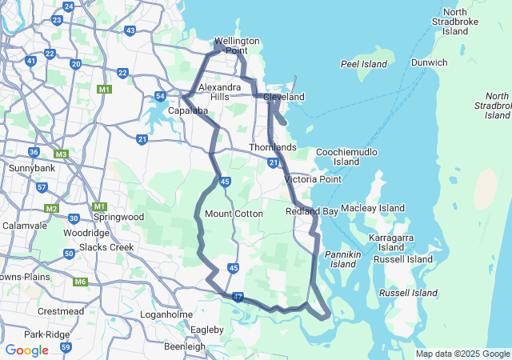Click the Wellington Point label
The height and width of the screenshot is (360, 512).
click(x=237, y=46)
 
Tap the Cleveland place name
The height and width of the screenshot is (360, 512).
click(x=285, y=97)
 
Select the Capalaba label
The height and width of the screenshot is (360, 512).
click(x=188, y=110)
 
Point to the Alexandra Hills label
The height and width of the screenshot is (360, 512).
click(x=220, y=91)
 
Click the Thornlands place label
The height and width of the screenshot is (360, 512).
click(x=273, y=148)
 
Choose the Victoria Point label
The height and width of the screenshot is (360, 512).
click(x=313, y=179)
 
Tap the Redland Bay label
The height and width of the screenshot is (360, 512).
click(x=312, y=211)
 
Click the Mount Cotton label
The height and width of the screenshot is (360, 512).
click(x=234, y=214)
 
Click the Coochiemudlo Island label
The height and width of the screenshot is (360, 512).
click(x=346, y=156)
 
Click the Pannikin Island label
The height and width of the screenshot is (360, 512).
click(x=342, y=258)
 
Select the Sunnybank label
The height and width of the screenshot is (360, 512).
click(x=29, y=169)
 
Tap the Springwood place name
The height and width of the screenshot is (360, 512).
click(x=118, y=217)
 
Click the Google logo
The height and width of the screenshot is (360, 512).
click(x=26, y=350)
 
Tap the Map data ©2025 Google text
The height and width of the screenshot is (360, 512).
click(x=462, y=354)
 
